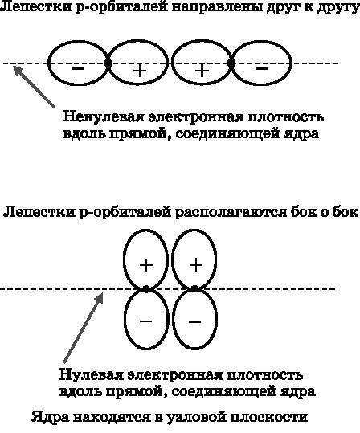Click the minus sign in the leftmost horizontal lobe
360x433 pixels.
77,68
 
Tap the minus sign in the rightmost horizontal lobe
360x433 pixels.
261,68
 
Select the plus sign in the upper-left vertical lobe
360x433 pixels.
146,264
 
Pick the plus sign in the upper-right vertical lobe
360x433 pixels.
195,264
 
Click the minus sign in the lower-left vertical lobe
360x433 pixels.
146,320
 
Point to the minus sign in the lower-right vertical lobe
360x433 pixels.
195,321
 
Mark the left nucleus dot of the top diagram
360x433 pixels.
108,62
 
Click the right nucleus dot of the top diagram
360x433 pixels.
231,62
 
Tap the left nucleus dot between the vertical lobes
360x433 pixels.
146,288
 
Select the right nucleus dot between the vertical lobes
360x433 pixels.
195,288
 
